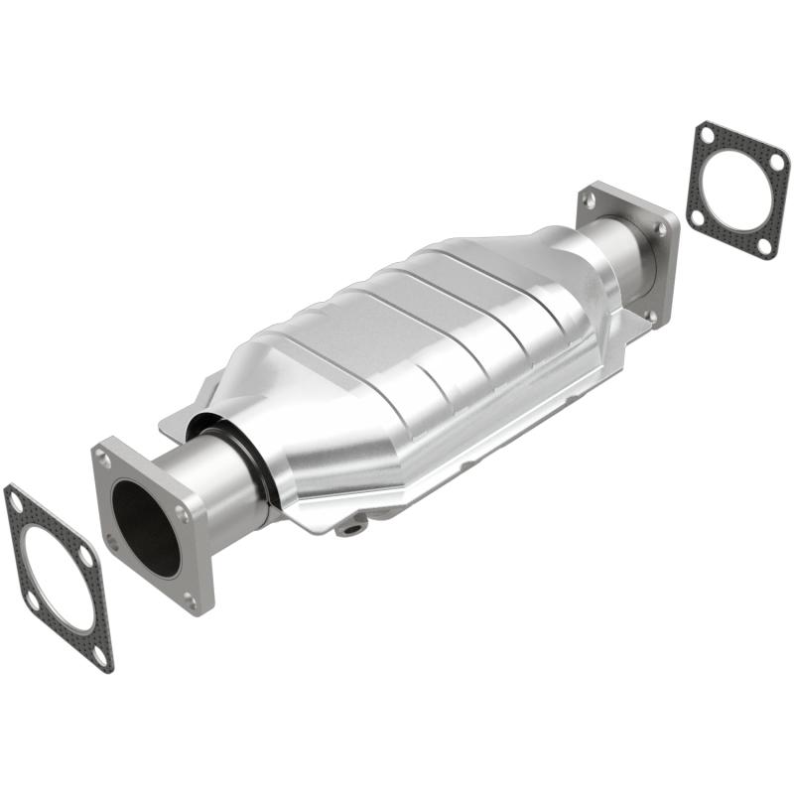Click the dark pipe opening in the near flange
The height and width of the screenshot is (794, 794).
pos(145,526)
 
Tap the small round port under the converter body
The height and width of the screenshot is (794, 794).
pos(349,528)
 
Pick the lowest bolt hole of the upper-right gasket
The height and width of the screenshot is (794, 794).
pos(763,245)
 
